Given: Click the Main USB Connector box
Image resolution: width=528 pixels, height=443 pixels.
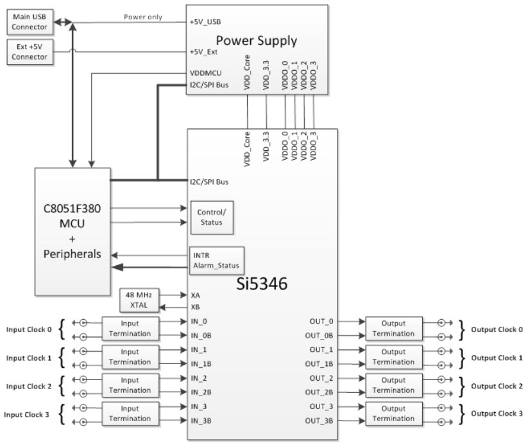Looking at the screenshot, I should click(x=30, y=21).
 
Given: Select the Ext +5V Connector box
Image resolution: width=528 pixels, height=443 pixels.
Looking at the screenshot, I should click(x=30, y=51).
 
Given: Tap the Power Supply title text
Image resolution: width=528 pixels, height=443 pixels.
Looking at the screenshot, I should click(x=257, y=40).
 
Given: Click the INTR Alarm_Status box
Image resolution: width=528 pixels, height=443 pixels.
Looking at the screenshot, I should click(x=216, y=259).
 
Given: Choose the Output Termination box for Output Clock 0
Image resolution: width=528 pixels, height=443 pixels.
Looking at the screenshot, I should click(x=393, y=329).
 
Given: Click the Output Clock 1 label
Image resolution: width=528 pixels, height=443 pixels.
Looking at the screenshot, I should click(x=497, y=358).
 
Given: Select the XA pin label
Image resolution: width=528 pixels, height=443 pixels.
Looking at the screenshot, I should click(x=196, y=295).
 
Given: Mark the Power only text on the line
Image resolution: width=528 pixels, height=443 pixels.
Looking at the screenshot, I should click(x=142, y=17).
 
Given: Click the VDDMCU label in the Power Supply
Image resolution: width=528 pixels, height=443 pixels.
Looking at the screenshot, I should click(x=207, y=73).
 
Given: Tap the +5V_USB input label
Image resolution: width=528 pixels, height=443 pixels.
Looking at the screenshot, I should click(x=205, y=21).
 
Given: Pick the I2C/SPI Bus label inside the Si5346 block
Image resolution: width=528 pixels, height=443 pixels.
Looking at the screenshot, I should click(x=209, y=182).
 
